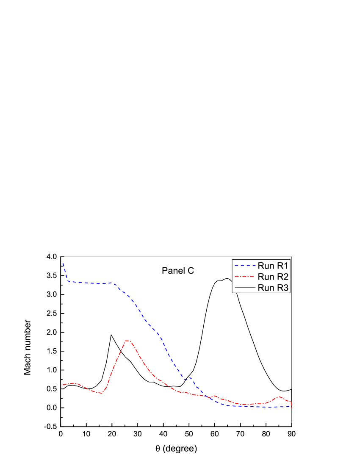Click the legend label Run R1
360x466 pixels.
point(273,266)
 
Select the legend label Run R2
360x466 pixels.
point(273,277)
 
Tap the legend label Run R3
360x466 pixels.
point(273,288)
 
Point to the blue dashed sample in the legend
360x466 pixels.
point(245,266)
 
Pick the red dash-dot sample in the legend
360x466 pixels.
point(245,277)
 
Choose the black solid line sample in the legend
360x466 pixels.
point(245,288)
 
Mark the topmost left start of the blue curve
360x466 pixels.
point(63,263)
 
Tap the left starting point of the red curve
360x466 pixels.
point(63,385)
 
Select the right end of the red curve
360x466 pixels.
point(291,407)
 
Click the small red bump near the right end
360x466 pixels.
point(280,397)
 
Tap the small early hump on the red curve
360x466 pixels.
point(74,383)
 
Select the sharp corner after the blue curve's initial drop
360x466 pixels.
point(68,281)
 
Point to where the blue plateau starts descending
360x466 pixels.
point(115,284)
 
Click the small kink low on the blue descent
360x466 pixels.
point(190,377)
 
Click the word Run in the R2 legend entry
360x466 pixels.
point(265,277)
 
